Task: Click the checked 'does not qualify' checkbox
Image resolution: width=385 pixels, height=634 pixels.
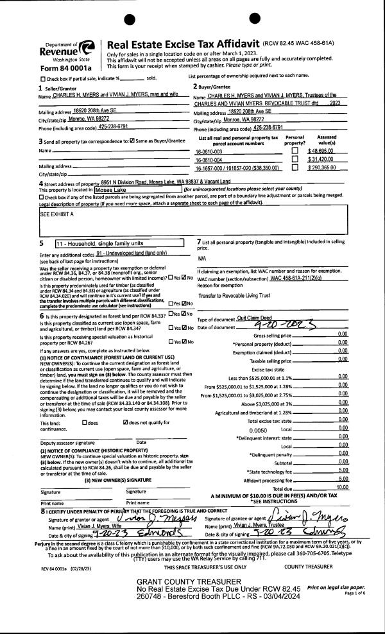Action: [124, 404]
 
